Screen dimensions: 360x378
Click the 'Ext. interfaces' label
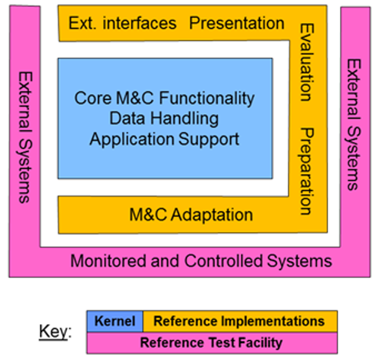tap(122, 23)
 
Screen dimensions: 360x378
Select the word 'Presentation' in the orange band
tap(237, 23)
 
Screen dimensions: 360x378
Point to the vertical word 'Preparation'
tap(306, 172)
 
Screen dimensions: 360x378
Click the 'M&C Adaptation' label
tap(191, 215)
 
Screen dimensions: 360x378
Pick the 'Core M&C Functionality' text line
tap(164, 98)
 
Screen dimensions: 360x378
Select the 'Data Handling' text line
tap(164, 118)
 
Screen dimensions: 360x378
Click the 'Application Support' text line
tap(164, 139)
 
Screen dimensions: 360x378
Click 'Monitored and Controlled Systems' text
tap(201, 261)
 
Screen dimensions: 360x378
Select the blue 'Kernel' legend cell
tap(115, 322)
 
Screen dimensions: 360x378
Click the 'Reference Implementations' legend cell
tap(239, 322)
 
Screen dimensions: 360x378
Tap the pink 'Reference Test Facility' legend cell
tap(212, 342)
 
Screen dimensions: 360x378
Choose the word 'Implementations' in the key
tap(273, 322)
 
